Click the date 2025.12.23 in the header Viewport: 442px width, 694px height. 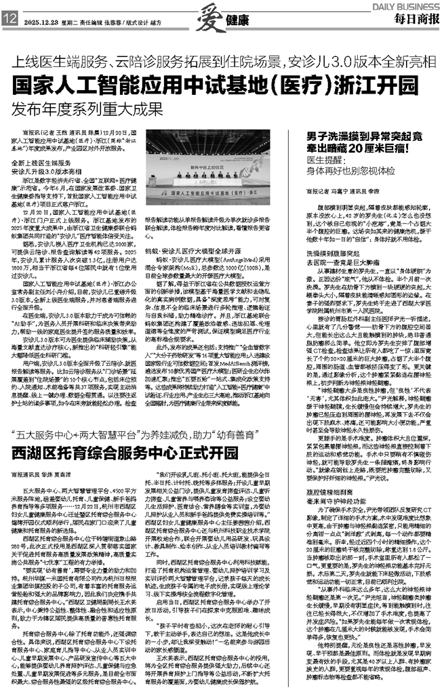(x=41, y=21)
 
